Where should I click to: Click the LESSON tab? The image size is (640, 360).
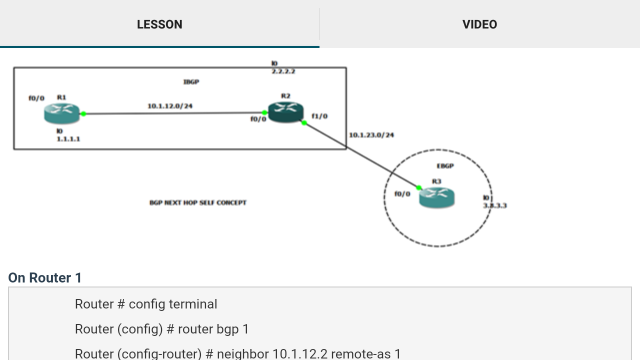click(159, 24)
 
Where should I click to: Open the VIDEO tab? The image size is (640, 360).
click(479, 24)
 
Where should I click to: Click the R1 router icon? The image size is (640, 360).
click(62, 113)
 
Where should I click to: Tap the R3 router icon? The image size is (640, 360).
click(436, 197)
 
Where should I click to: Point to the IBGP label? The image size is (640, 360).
click(191, 81)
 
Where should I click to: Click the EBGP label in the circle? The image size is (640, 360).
click(445, 166)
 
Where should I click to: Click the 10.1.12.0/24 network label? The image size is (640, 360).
click(170, 106)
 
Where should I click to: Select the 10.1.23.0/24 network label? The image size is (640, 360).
click(371, 135)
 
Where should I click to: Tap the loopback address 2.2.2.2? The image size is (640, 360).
click(283, 71)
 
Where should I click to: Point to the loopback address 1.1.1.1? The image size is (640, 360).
click(68, 139)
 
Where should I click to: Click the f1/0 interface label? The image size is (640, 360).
click(319, 116)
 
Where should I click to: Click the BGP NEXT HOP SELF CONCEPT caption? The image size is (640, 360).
click(198, 202)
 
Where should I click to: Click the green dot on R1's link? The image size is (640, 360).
click(83, 114)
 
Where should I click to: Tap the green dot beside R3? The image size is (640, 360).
click(419, 188)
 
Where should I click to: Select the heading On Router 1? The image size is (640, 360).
click(45, 278)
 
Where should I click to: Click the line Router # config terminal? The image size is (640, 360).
click(146, 304)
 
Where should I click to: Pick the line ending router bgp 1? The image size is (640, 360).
click(161, 329)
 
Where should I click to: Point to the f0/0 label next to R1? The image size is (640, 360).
click(36, 98)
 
